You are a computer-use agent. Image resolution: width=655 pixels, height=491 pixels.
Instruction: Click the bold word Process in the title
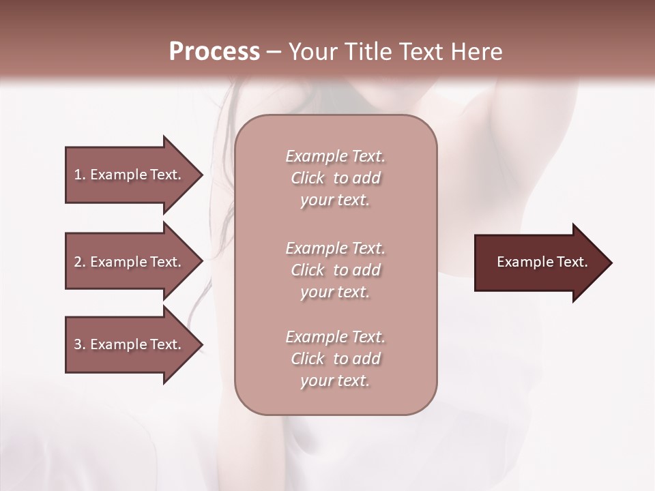(214, 52)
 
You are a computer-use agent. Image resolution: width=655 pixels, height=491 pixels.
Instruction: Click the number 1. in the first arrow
(79, 175)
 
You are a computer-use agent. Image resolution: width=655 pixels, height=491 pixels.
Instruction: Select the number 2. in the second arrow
(79, 262)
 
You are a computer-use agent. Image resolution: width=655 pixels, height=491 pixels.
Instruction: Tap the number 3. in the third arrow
(79, 344)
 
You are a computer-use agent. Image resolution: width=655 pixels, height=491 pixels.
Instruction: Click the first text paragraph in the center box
(335, 178)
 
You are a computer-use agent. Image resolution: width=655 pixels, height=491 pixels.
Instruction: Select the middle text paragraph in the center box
(335, 270)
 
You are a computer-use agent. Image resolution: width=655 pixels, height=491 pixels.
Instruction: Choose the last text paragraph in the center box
(335, 359)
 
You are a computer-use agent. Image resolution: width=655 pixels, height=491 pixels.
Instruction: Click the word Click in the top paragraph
(308, 178)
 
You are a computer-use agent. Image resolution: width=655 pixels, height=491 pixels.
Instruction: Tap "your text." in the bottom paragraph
(335, 381)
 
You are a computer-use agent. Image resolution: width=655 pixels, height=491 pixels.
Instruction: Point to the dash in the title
(274, 53)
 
